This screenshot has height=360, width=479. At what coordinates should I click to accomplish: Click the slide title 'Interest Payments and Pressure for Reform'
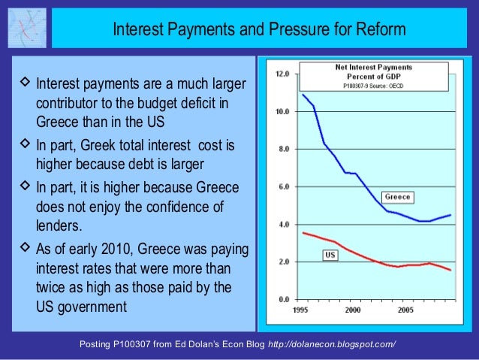(259, 29)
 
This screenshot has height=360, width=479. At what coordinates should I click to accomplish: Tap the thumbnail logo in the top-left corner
(26, 28)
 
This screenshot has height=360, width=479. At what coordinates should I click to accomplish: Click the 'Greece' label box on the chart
(397, 197)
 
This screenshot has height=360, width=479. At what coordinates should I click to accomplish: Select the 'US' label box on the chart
(330, 256)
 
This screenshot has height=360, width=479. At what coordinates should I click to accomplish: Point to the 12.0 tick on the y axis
(283, 74)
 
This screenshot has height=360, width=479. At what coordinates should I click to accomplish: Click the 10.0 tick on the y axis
(283, 112)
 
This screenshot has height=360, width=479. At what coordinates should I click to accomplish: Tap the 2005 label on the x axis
(405, 309)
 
